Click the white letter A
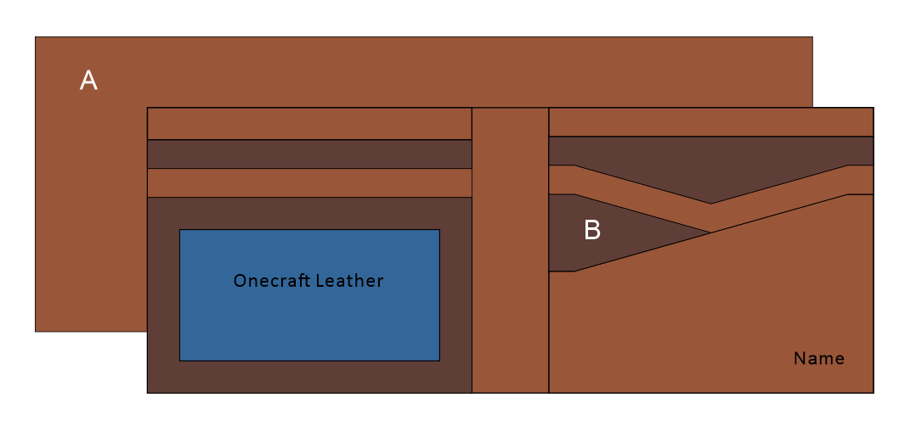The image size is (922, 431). coord(88,81)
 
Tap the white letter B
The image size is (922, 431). coord(592,230)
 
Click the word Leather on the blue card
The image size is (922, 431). coord(349,281)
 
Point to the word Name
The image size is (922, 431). coord(819,359)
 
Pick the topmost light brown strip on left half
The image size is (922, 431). coord(309,124)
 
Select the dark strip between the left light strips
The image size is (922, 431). coord(309,154)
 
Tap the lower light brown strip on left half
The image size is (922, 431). coord(309,183)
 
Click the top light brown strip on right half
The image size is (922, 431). coord(710,122)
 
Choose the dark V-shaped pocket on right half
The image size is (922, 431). coord(710,165)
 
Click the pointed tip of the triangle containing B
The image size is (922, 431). coord(710,232)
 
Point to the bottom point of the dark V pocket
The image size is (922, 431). coord(711,203)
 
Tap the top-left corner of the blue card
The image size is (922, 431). coord(180,230)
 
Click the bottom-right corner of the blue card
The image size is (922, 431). coord(438,360)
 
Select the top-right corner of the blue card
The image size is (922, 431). coord(438,230)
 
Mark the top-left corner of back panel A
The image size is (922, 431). coord(36,37)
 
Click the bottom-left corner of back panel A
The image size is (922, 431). coord(36,331)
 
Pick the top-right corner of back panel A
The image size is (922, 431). coord(812,37)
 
